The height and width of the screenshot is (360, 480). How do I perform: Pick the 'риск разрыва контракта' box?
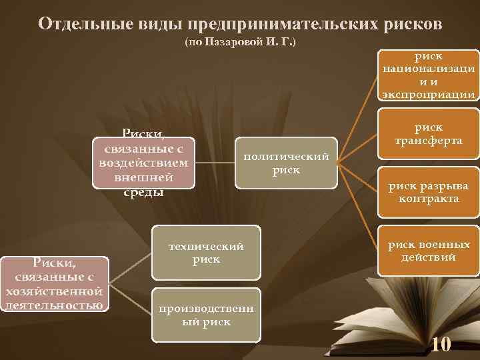pos(428,192)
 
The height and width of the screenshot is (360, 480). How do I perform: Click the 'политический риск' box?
pos(286,163)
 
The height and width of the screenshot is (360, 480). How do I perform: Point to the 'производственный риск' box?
pos(206,315)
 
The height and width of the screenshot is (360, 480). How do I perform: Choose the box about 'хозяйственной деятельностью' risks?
pos(54,283)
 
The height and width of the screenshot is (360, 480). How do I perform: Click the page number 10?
pos(441,345)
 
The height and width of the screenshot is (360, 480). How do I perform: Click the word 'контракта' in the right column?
pos(428,199)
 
